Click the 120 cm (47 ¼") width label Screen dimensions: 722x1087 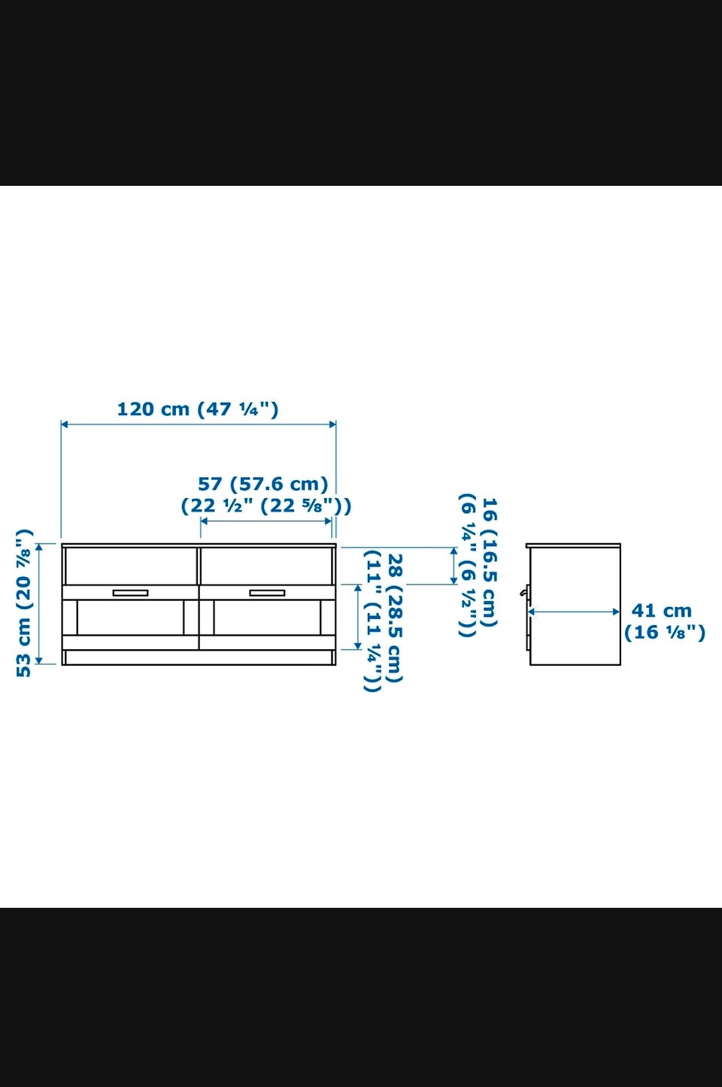coord(198,409)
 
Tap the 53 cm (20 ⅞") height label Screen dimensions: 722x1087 coord(24,603)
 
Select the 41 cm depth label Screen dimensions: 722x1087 coord(661,611)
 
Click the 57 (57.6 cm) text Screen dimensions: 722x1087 coord(263,484)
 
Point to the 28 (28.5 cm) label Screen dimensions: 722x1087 coord(396,618)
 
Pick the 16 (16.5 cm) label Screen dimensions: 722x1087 coord(489,563)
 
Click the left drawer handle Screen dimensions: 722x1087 coord(131,593)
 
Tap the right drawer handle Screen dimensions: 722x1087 coord(267,593)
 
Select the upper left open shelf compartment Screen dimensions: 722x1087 coord(131,566)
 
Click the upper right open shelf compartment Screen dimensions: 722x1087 coord(266,566)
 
